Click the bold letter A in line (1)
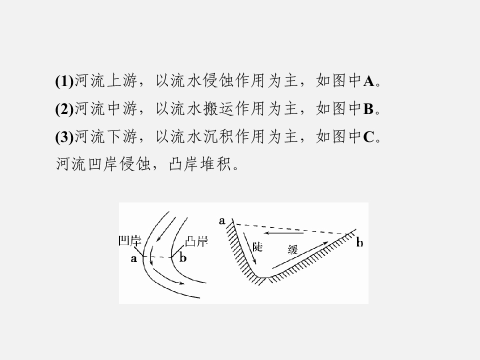pos(369,81)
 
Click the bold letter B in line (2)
pos(368,109)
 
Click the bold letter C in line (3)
pos(369,137)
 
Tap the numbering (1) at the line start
pos(64,81)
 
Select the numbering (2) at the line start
pos(64,109)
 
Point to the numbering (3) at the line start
pos(64,137)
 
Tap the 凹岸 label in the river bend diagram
pos(130,241)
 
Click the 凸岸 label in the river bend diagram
pos(196,241)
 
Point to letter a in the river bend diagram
pos(134,258)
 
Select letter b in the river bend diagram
pos(183,258)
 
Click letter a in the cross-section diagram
pos(222,220)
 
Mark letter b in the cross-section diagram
pos(359,242)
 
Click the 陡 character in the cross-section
pos(258,246)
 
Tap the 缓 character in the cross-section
pos(292,249)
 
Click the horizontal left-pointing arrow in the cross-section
pos(284,233)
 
